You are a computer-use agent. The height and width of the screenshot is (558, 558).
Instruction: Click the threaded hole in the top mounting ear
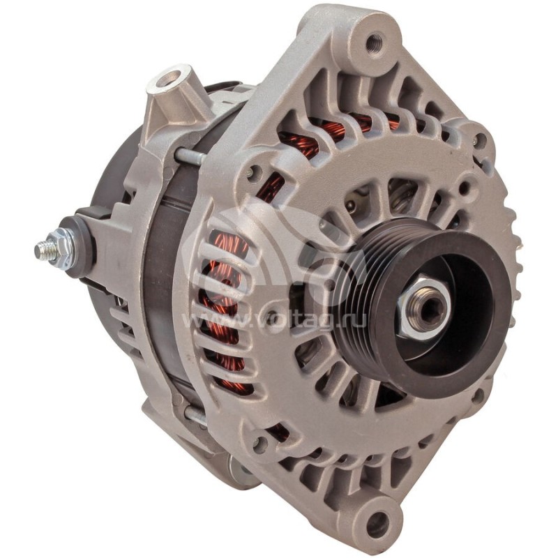375,41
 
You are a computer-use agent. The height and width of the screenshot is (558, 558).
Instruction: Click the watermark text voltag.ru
230,322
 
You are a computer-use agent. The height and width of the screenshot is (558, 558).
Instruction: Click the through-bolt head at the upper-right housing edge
479,139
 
